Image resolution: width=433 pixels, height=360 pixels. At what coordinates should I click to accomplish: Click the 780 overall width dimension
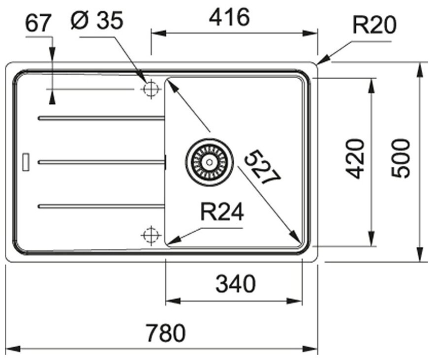[x=166, y=333]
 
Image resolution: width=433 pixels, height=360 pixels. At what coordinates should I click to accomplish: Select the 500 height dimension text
[x=402, y=158]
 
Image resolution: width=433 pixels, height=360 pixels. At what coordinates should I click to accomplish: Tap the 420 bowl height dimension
[x=355, y=158]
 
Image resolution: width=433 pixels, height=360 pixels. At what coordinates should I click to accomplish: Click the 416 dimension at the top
[x=230, y=18]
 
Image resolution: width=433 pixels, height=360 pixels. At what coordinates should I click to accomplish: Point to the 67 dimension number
[x=39, y=24]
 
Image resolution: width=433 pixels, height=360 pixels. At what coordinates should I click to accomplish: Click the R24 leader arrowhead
[x=170, y=240]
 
